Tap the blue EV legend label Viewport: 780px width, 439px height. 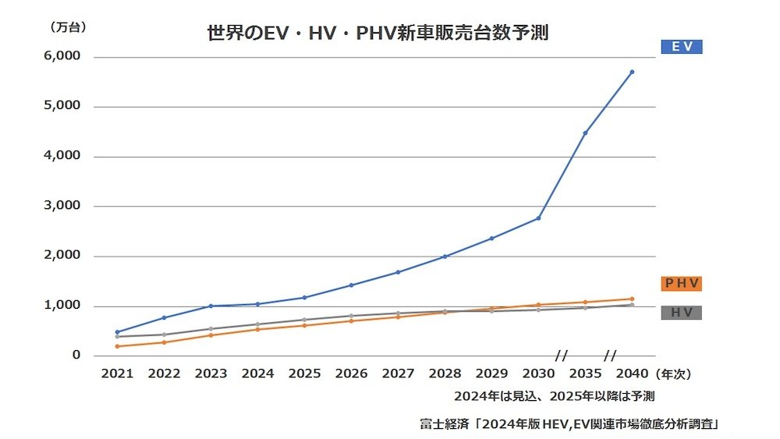pyautogui.click(x=681, y=47)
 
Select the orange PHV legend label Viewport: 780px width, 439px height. pyautogui.click(x=681, y=283)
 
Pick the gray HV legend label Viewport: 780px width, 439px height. pyautogui.click(x=681, y=313)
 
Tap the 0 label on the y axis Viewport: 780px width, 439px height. pyautogui.click(x=76, y=356)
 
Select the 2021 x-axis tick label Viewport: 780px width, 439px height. pyautogui.click(x=117, y=374)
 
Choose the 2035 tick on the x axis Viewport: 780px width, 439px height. pyautogui.click(x=585, y=374)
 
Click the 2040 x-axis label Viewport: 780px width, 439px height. pyautogui.click(x=632, y=374)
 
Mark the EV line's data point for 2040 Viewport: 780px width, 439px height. pyautogui.click(x=632, y=72)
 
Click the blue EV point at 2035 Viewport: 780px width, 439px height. pyautogui.click(x=585, y=133)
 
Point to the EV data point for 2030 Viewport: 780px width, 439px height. pyautogui.click(x=538, y=218)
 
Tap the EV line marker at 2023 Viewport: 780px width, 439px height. pyautogui.click(x=211, y=306)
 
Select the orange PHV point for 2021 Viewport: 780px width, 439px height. pyautogui.click(x=117, y=346)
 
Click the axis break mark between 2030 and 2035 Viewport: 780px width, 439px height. pyautogui.click(x=561, y=356)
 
